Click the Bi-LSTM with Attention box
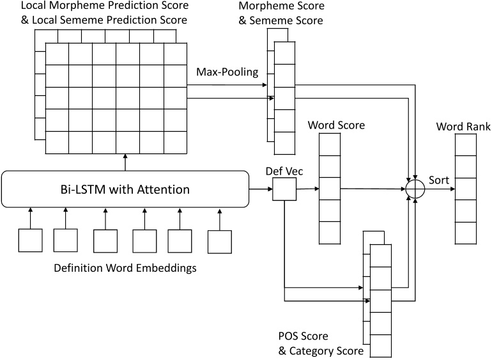point(125,189)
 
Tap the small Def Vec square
point(284,189)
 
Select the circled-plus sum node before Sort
point(415,189)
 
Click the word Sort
point(439,180)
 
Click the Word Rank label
point(463,127)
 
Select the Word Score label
point(336,125)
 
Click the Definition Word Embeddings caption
point(125,268)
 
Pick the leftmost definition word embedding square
point(29,240)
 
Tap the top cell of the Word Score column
point(330,146)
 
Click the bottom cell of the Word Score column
point(330,232)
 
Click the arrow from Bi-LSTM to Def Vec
point(260,189)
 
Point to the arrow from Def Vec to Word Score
point(307,189)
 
